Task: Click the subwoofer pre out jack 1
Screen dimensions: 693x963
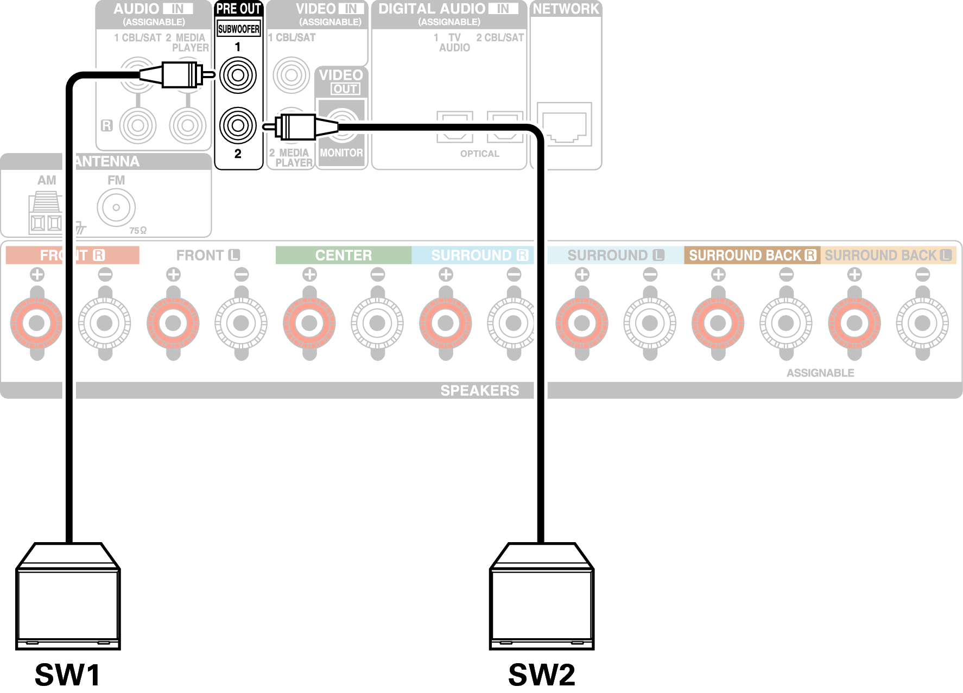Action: tap(238, 75)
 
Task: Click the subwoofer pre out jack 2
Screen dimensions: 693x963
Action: tap(238, 125)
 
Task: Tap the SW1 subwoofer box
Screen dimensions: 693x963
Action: tap(68, 597)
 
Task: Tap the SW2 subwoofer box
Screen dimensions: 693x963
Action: tap(542, 597)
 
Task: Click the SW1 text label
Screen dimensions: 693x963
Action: tap(68, 675)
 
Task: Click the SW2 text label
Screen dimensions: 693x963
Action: tap(542, 675)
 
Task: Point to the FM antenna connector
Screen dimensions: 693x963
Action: tap(116, 207)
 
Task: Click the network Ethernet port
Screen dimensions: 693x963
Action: tap(565, 125)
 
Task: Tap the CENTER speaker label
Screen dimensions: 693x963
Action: tap(344, 255)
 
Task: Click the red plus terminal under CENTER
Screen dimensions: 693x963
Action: tap(309, 323)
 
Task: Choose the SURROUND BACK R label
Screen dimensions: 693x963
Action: tap(752, 255)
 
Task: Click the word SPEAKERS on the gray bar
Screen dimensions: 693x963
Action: tap(479, 390)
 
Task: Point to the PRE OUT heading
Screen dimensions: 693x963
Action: tap(238, 9)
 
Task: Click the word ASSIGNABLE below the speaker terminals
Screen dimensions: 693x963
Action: tap(820, 373)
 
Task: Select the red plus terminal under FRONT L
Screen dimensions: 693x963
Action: tap(173, 323)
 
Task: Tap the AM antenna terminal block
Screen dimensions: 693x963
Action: tap(46, 213)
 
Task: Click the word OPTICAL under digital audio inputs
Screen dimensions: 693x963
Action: tap(479, 154)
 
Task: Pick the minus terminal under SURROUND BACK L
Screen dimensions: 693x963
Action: tap(922, 323)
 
